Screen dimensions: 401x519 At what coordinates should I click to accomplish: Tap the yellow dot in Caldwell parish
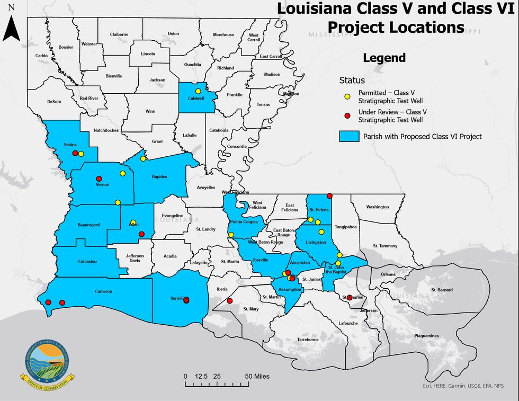[198, 91]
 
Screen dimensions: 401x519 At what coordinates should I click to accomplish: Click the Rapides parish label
[159, 177]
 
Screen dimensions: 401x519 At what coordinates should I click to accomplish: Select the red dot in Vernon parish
[99, 178]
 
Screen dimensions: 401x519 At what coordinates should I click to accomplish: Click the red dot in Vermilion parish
[186, 300]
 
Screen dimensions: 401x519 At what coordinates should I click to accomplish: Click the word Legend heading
[384, 58]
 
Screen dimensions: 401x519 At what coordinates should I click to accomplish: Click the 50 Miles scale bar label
[257, 376]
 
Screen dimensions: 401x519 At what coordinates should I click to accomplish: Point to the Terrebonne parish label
[308, 340]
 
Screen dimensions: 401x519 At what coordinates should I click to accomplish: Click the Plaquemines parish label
[427, 335]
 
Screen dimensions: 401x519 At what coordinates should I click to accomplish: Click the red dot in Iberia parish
[229, 301]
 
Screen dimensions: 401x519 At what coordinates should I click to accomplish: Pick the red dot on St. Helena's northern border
[329, 195]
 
